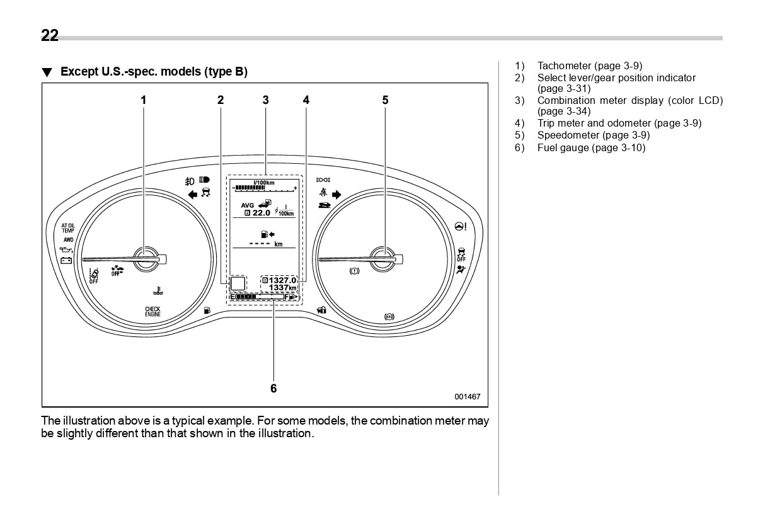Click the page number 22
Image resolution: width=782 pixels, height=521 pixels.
[x=50, y=36]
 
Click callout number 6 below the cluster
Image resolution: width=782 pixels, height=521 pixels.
[x=273, y=388]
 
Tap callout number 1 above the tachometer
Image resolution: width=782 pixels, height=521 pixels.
[x=144, y=100]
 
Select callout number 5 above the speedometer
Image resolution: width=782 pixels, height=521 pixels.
[x=385, y=100]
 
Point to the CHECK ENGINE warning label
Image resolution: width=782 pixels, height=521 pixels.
[x=152, y=311]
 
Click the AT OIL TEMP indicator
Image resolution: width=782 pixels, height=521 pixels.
[x=67, y=228]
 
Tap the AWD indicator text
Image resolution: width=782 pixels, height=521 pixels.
[x=67, y=240]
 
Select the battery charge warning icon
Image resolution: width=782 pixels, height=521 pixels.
[x=66, y=260]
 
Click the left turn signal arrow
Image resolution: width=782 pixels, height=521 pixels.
[x=193, y=195]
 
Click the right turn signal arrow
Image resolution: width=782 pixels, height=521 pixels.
[x=336, y=195]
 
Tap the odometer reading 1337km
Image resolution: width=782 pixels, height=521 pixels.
[x=282, y=288]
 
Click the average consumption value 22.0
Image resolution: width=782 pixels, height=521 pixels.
[x=262, y=213]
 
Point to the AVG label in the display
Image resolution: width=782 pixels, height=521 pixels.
[x=248, y=205]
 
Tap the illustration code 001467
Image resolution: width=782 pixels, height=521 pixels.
[x=467, y=397]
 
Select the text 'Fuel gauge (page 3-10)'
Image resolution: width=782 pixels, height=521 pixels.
[x=591, y=147]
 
